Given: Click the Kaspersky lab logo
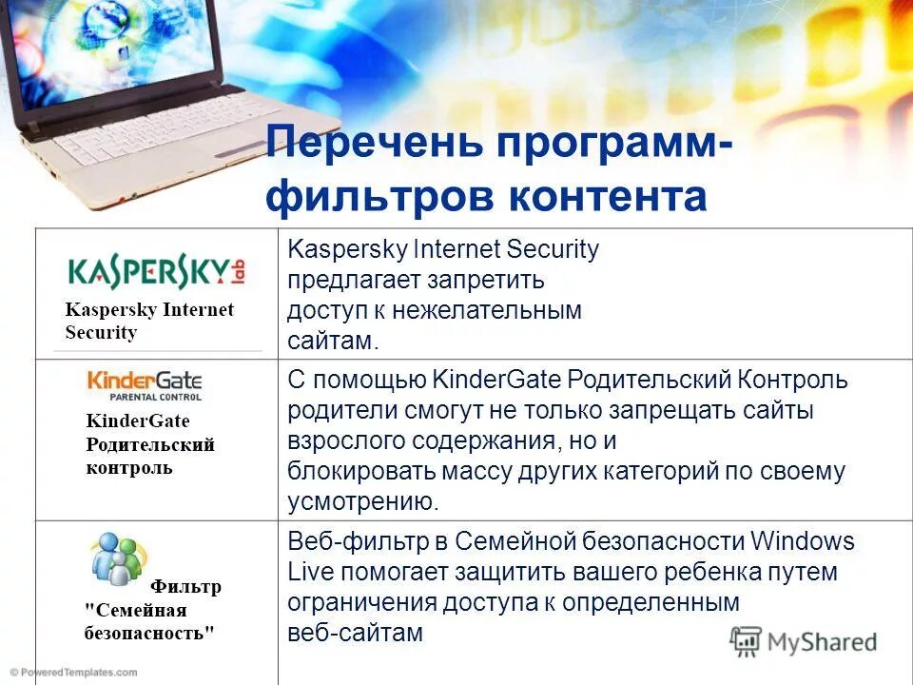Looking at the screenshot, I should click(149, 271).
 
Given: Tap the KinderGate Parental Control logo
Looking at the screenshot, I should click(145, 384).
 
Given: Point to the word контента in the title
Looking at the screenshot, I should click(608, 197).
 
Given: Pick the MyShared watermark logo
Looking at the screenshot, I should click(803, 640).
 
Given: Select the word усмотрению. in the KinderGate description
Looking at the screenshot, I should click(363, 501).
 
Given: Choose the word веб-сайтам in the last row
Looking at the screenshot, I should click(355, 633).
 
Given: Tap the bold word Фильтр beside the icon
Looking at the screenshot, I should click(185, 586).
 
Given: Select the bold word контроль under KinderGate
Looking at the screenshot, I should click(129, 468).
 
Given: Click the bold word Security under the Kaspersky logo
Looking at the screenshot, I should click(101, 332).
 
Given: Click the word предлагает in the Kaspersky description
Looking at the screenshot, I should click(347, 281).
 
